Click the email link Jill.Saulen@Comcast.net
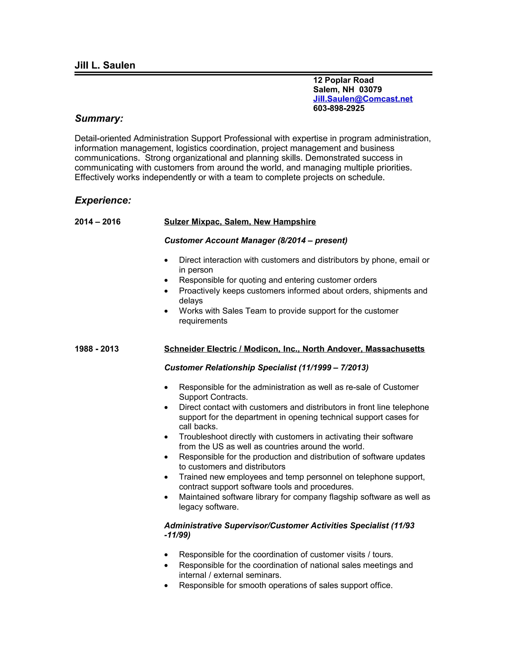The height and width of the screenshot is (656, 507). [x=362, y=99]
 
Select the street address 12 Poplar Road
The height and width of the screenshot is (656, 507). [x=343, y=80]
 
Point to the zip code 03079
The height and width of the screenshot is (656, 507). [x=370, y=90]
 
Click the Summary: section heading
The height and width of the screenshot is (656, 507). [x=99, y=118]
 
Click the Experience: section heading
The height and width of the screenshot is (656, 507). [x=103, y=200]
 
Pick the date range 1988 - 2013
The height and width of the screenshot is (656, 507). [x=96, y=349]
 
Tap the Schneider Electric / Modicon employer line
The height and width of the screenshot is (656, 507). [x=294, y=349]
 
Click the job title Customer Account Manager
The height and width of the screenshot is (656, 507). [x=220, y=240]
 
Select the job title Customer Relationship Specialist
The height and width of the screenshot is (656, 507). [x=230, y=367]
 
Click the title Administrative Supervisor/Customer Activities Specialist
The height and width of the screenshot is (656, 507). [x=276, y=525]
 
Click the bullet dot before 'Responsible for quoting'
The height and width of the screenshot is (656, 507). [x=166, y=280]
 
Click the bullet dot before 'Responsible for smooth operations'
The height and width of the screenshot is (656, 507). [x=166, y=586]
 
